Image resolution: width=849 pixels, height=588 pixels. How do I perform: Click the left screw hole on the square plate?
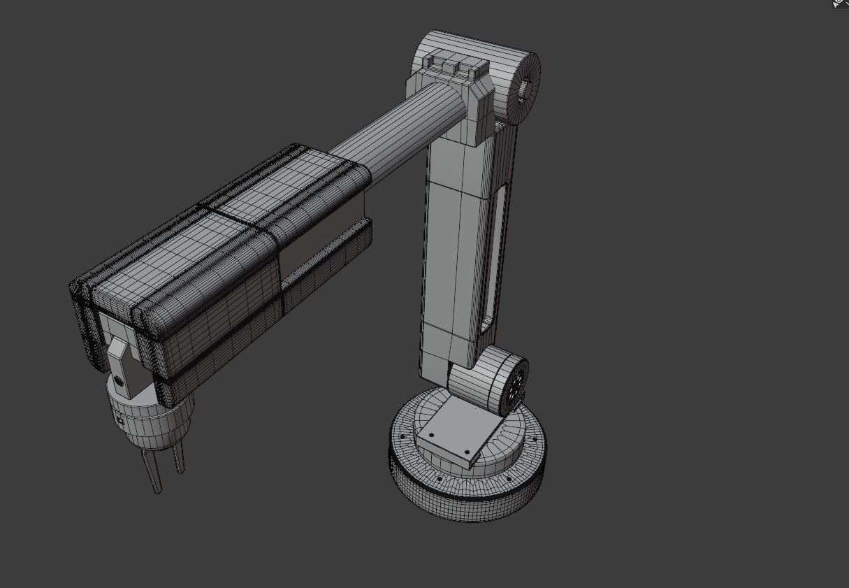tap(431, 435)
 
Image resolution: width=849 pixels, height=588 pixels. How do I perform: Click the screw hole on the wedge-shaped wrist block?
tap(119, 382)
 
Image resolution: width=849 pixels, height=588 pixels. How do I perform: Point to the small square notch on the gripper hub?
tap(120, 421)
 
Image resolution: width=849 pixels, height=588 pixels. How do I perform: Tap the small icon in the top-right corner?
tap(841, 3)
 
